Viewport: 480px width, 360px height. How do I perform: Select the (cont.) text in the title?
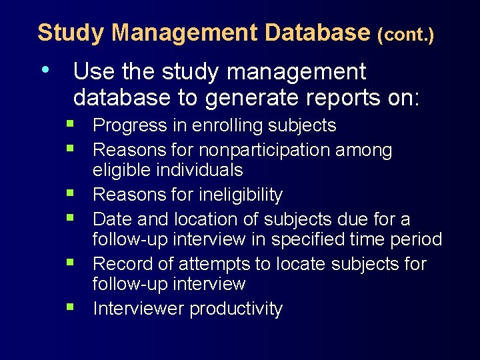[405, 33]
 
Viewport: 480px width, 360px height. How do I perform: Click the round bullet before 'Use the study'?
[45, 69]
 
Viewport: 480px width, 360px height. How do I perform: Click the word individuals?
[199, 170]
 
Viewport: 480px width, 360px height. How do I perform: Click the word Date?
[111, 219]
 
